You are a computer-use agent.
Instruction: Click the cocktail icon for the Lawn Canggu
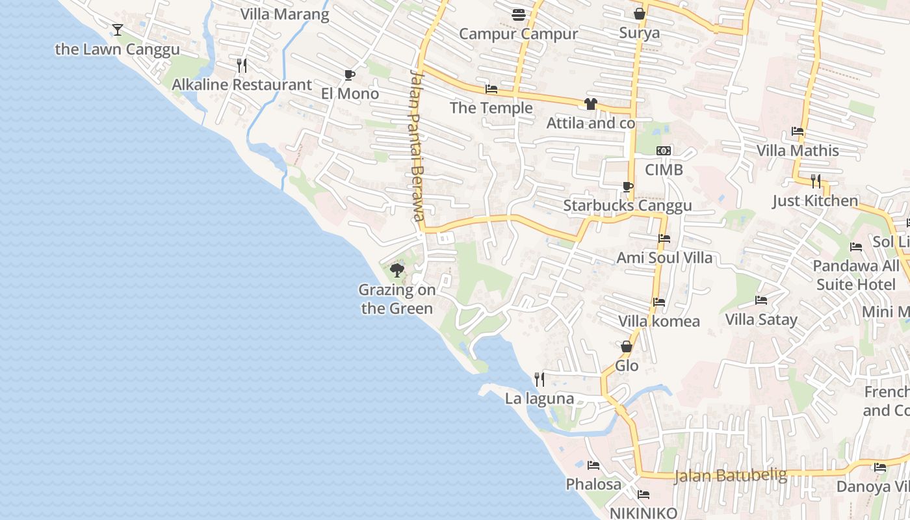(117, 29)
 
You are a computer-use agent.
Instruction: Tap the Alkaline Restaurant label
(241, 84)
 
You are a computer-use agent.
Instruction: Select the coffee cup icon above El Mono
(349, 75)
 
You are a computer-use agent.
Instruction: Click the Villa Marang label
(285, 14)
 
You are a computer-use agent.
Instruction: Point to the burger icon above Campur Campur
(518, 14)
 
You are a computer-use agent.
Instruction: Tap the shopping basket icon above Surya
(639, 14)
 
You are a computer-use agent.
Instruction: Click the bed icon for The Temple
(491, 89)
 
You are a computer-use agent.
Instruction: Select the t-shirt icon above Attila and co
(590, 103)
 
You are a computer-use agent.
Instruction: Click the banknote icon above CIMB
(663, 151)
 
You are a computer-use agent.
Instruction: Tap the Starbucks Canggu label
(627, 206)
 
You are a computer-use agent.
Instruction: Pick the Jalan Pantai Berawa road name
(417, 146)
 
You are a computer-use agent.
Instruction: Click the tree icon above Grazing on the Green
(396, 270)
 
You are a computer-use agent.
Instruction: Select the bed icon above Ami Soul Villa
(664, 239)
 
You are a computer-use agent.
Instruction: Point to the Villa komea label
(658, 321)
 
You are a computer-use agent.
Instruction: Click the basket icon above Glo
(627, 346)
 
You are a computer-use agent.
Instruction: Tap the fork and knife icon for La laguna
(539, 379)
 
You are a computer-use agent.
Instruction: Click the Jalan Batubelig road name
(730, 476)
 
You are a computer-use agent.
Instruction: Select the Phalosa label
(593, 484)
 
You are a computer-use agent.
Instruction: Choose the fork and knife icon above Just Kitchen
(815, 181)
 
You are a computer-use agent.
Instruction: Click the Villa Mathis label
(797, 151)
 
